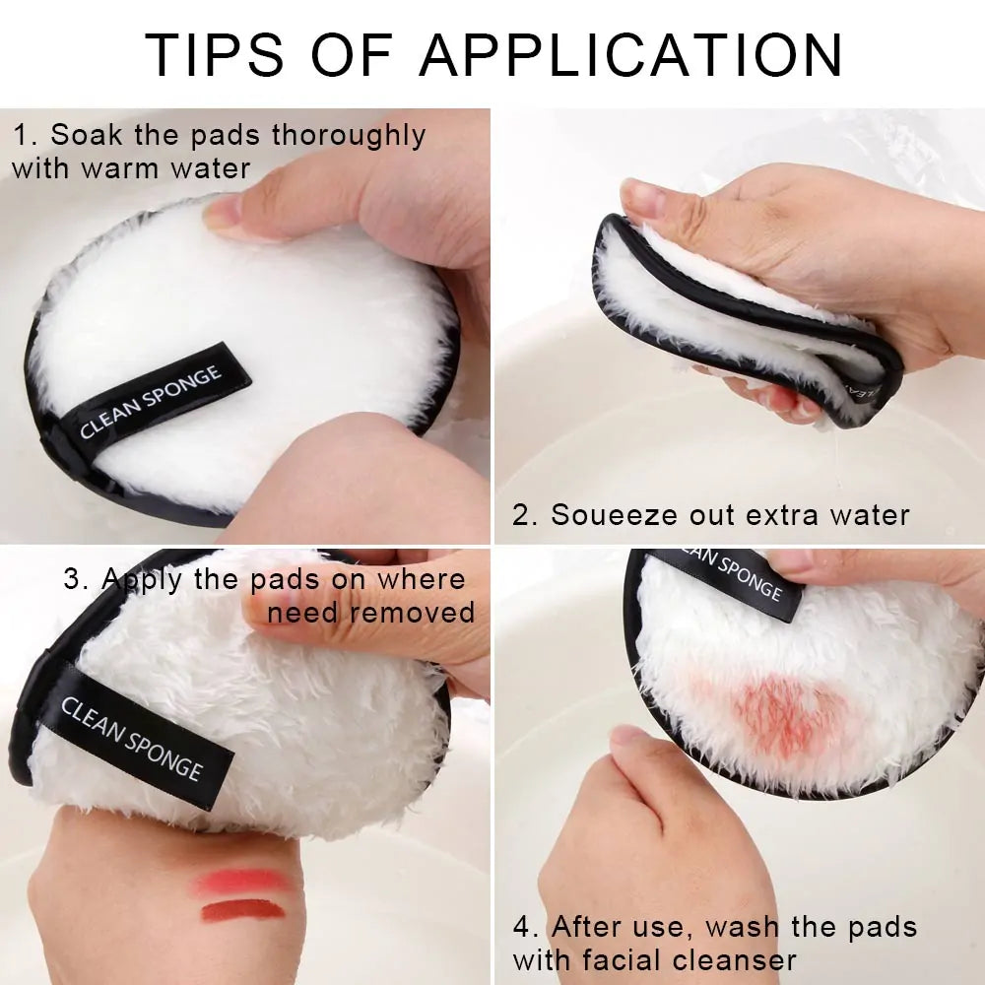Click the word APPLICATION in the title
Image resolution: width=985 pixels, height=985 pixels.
pos(631,55)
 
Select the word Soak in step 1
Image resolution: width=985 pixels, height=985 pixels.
pos(81,135)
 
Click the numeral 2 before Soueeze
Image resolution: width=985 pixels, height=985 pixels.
pos(521,514)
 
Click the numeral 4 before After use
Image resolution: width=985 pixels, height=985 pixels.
pos(522,927)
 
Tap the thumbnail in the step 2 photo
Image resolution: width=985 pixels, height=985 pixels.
pos(642,196)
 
